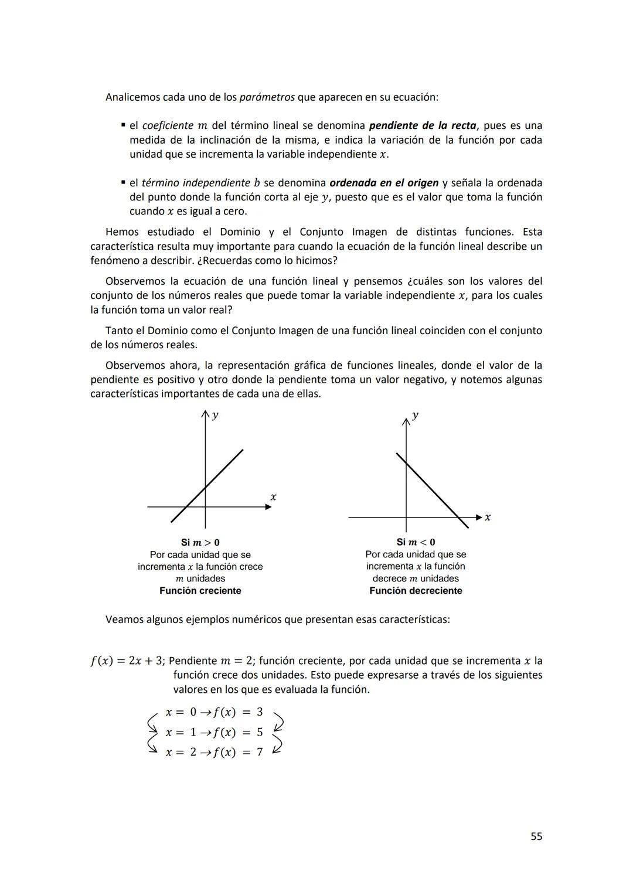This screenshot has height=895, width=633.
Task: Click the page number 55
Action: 536,836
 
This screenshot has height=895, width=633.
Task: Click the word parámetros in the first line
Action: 267,97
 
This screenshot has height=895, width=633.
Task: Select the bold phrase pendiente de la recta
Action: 422,125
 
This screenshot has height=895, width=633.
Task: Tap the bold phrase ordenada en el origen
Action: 384,183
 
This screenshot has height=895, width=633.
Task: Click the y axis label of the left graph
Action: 215,415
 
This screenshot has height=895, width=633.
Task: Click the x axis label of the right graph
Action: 488,517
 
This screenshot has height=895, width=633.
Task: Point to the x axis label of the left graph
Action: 273,497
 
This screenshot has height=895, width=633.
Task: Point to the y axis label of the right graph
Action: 415,415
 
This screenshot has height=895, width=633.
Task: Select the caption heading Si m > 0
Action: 200,542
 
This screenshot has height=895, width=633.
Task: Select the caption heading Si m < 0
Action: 416,542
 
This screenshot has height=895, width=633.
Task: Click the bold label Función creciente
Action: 200,591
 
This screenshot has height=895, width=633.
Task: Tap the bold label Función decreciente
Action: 416,591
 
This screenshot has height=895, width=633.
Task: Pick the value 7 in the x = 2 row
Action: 260,752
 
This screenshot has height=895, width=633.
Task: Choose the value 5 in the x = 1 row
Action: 260,732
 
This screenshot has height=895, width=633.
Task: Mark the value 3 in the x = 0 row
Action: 260,712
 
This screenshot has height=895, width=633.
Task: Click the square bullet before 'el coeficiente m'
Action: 123,125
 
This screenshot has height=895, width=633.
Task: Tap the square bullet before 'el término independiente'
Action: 123,183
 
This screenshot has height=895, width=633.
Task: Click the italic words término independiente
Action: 196,183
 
